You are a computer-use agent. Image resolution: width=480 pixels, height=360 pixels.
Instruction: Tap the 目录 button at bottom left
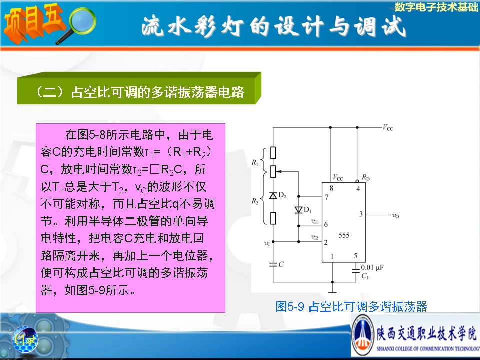coord(25,339)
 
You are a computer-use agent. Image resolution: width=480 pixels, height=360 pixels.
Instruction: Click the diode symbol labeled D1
coord(299,210)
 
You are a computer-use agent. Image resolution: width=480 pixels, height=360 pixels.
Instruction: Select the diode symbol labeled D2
coord(273,195)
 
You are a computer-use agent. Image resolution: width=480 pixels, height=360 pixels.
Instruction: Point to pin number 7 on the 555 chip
coord(326,197)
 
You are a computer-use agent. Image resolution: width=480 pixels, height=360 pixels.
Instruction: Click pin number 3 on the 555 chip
coord(361,214)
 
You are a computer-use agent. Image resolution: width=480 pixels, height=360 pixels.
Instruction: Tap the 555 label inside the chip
coord(344,235)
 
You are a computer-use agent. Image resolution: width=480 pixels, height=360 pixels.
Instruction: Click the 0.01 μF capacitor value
coord(372,268)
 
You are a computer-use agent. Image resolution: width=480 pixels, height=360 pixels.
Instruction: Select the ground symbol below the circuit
coord(332,289)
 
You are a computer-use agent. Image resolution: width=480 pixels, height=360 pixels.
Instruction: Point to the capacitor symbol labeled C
coord(273,264)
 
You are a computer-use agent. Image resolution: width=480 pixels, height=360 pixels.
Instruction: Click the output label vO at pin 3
coord(395,216)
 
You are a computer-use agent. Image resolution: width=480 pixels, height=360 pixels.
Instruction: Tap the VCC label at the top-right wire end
coord(388,127)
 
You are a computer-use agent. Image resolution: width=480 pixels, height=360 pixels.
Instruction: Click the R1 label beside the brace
coord(255,163)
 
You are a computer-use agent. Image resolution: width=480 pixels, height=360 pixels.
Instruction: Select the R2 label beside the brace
coord(255,201)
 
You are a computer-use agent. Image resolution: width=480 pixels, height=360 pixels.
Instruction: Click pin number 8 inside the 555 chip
coord(331,188)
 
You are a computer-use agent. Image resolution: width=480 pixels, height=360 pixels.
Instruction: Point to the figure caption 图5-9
coord(290,306)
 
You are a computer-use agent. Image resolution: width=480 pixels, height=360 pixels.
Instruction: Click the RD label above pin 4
coord(366,177)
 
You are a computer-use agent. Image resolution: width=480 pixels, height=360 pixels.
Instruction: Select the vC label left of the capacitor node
coord(267,243)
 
